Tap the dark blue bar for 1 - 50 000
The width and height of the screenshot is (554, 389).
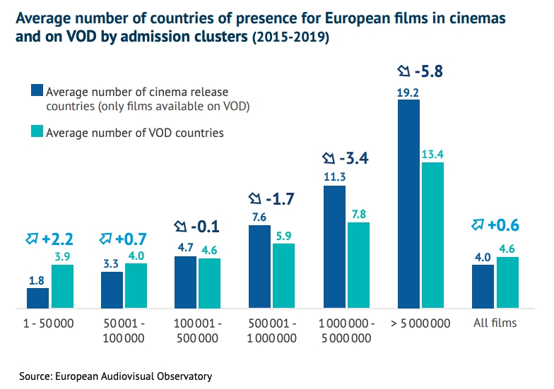(x=37, y=298)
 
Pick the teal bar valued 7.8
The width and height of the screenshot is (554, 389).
(x=358, y=265)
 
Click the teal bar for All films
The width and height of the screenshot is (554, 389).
(x=507, y=282)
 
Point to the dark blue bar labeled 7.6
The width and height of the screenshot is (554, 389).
(x=259, y=267)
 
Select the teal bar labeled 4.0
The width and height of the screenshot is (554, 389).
(x=136, y=286)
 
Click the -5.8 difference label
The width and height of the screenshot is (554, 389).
(x=428, y=71)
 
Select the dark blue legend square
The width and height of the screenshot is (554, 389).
(x=37, y=91)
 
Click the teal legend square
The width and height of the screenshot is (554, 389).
(x=37, y=132)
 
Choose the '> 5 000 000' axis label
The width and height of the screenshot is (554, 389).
(x=420, y=323)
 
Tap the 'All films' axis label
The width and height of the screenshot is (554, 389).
(x=495, y=323)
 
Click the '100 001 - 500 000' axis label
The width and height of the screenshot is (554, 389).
(x=198, y=330)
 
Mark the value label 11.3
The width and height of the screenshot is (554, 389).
(x=334, y=176)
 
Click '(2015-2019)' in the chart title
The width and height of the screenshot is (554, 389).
(x=290, y=38)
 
